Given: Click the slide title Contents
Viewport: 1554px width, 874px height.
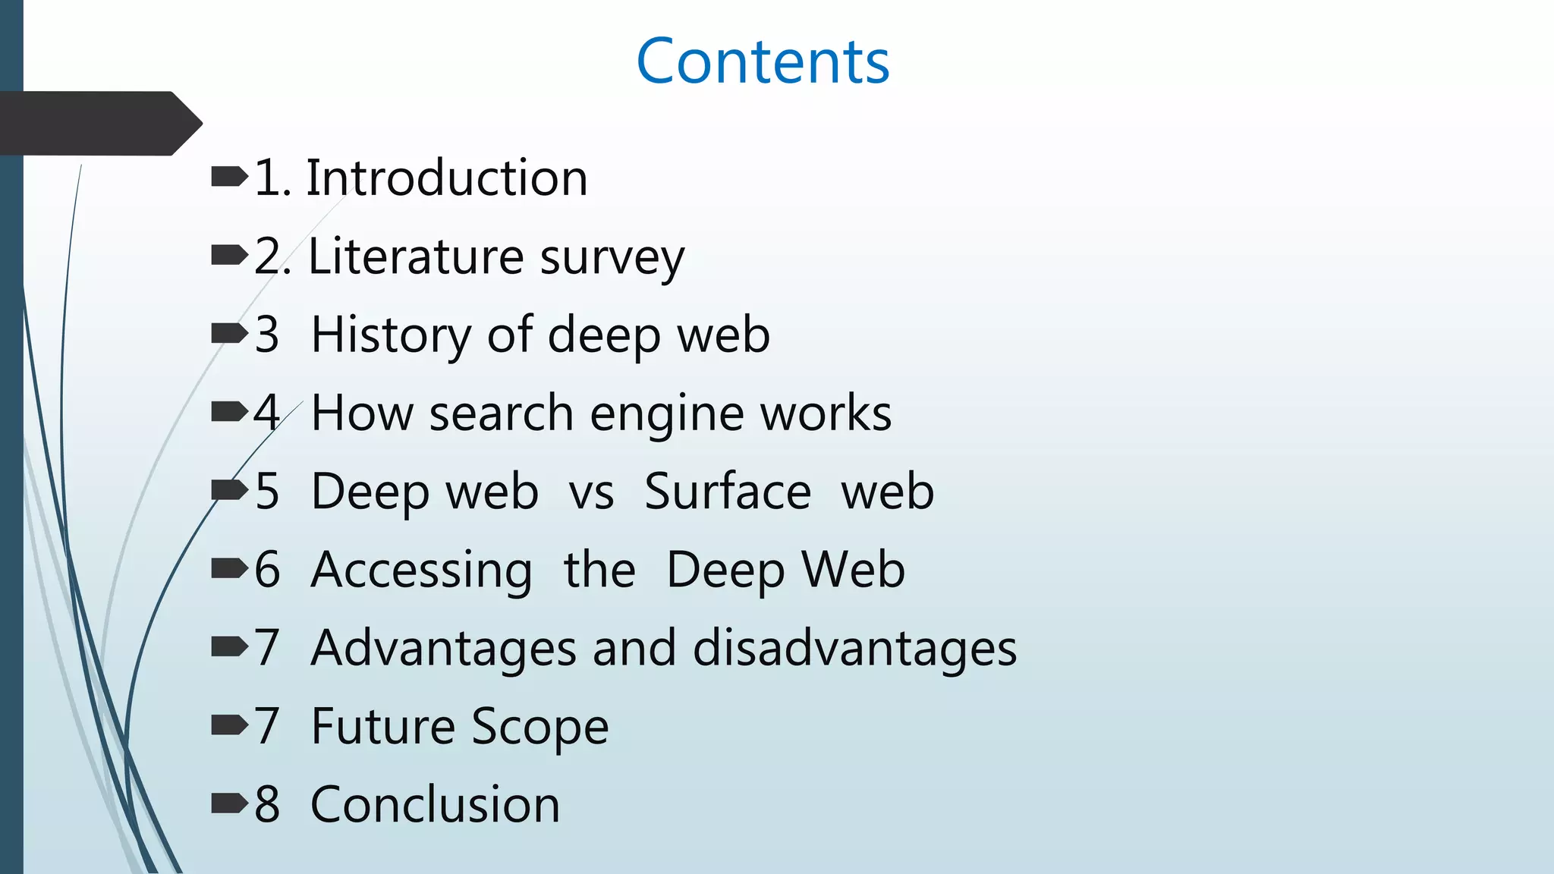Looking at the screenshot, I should pos(763,61).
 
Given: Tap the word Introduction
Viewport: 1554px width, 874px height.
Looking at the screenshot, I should pos(447,179).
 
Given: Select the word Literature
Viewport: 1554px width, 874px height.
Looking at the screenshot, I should pos(415,256).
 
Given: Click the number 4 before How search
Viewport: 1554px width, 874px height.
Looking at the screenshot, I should pos(267,413).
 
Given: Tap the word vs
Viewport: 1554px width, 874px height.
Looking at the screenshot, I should pos(591,492).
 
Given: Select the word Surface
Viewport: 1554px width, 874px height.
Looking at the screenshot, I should pos(728,492).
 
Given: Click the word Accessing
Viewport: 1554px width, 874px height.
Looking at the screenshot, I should pos(422,571).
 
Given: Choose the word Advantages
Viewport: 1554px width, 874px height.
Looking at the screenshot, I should pos(444,649).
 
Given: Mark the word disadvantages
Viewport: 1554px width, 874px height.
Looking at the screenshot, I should pos(854,649).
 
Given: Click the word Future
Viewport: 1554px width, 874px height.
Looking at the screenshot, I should pos(382,727).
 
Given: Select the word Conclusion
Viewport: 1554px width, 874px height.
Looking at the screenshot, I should pos(435,805).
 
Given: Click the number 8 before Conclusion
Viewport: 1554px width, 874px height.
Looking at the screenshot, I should pos(267,805).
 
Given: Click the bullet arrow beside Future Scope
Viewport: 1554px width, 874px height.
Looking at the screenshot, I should pos(229,726).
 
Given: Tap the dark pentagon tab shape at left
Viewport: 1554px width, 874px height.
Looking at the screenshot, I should pos(99,124).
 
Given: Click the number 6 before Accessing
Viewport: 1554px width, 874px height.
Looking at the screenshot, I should pos(267,571).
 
